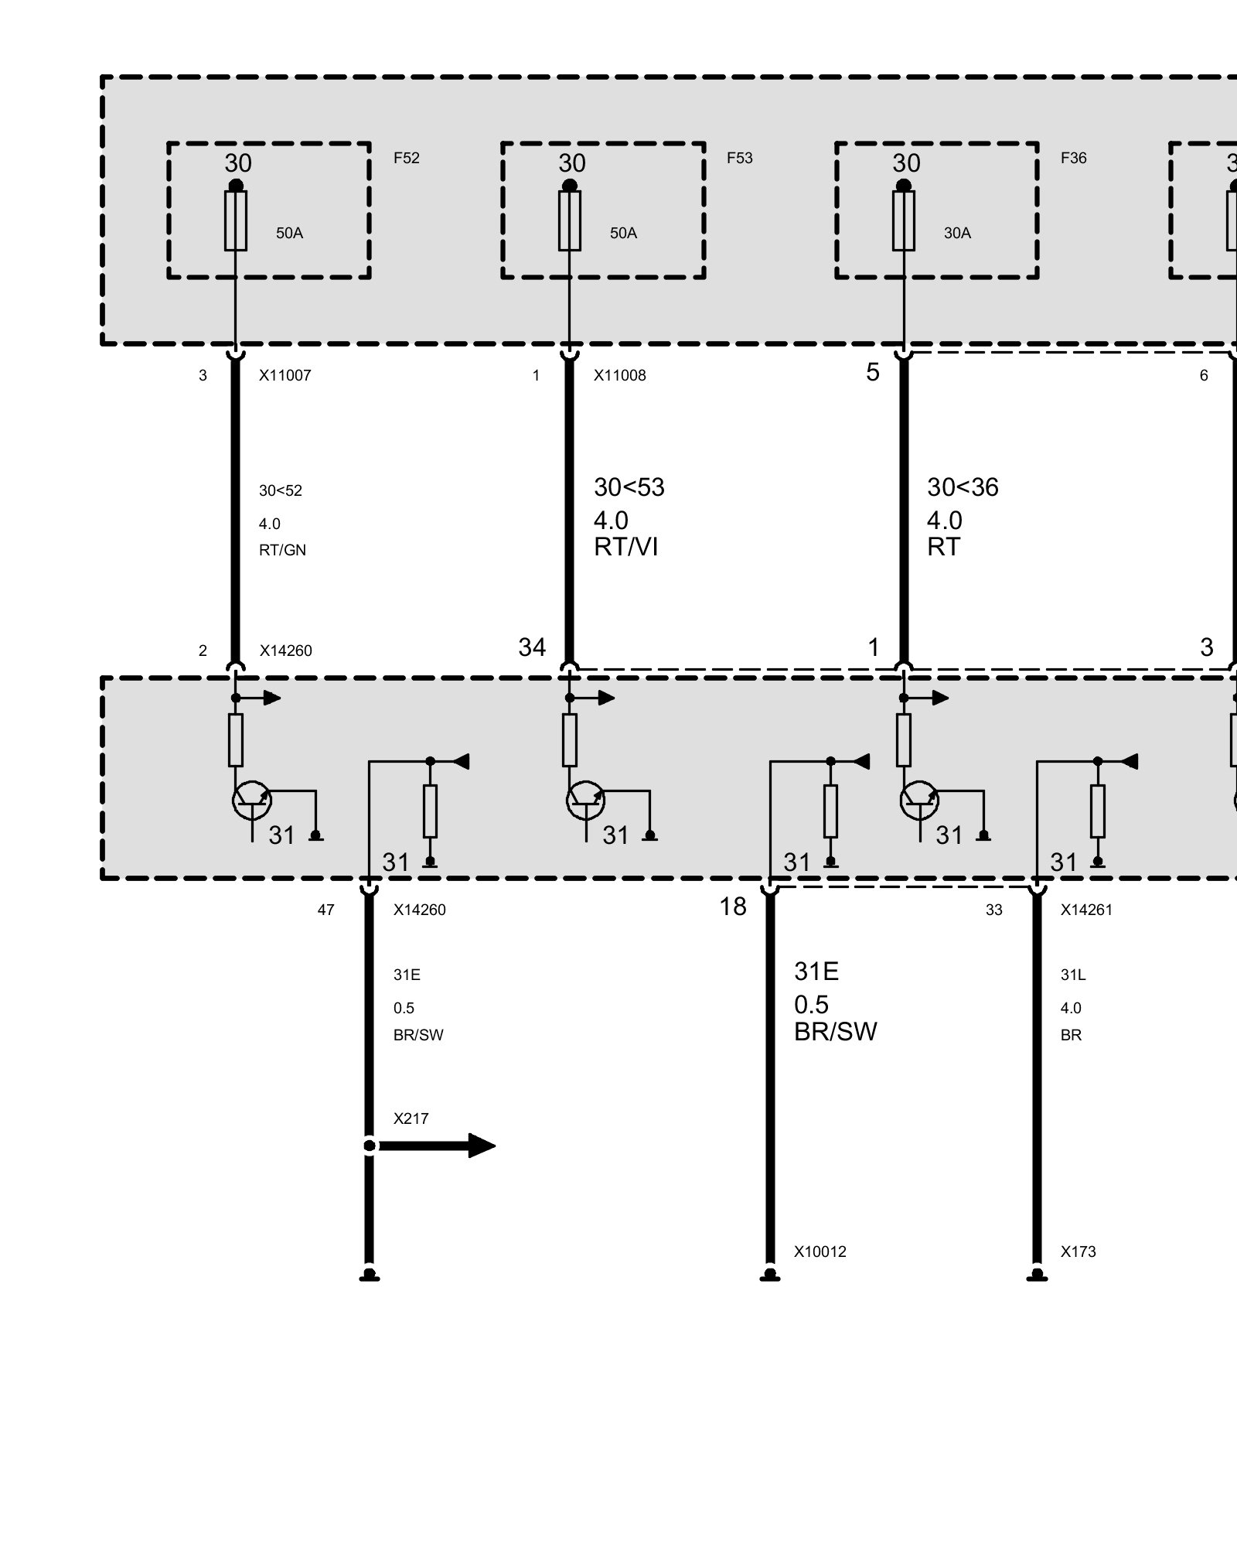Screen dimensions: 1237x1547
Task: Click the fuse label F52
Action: tap(406, 159)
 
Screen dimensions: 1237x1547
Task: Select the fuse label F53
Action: tap(739, 159)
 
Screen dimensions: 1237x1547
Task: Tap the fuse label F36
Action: tap(1073, 159)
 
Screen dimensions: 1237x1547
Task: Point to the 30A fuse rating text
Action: tap(957, 234)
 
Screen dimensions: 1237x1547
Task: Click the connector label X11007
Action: tap(285, 376)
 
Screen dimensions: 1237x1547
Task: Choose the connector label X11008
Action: tap(619, 376)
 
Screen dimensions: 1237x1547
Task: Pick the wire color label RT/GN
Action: tap(282, 551)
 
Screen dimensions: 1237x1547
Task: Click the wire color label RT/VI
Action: tap(625, 548)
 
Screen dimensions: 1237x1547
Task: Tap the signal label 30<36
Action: tap(963, 487)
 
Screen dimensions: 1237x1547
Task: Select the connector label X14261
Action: tap(1086, 910)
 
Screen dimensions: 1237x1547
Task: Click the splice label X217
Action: tap(411, 1118)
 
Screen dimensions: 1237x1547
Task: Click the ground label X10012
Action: tap(820, 1252)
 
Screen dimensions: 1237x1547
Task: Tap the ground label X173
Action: tap(1078, 1252)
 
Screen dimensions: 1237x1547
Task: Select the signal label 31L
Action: tap(1072, 975)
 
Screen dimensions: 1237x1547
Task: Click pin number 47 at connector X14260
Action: tap(325, 910)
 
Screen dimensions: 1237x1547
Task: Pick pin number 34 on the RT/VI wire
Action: tap(532, 647)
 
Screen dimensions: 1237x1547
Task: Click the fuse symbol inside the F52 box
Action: tap(236, 221)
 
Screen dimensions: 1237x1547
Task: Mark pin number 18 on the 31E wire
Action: tap(733, 907)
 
